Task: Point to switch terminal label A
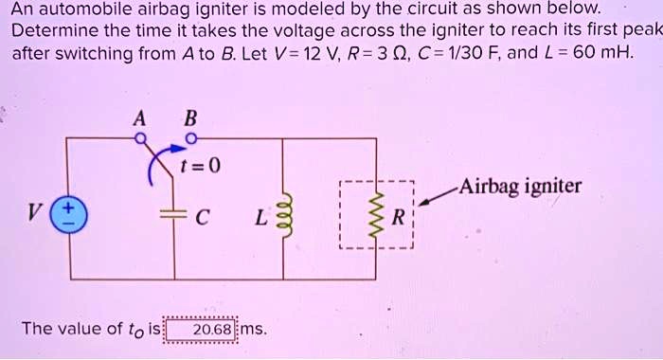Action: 140,119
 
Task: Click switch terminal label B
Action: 190,119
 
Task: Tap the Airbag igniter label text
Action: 519,185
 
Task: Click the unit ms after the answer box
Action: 254,330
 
